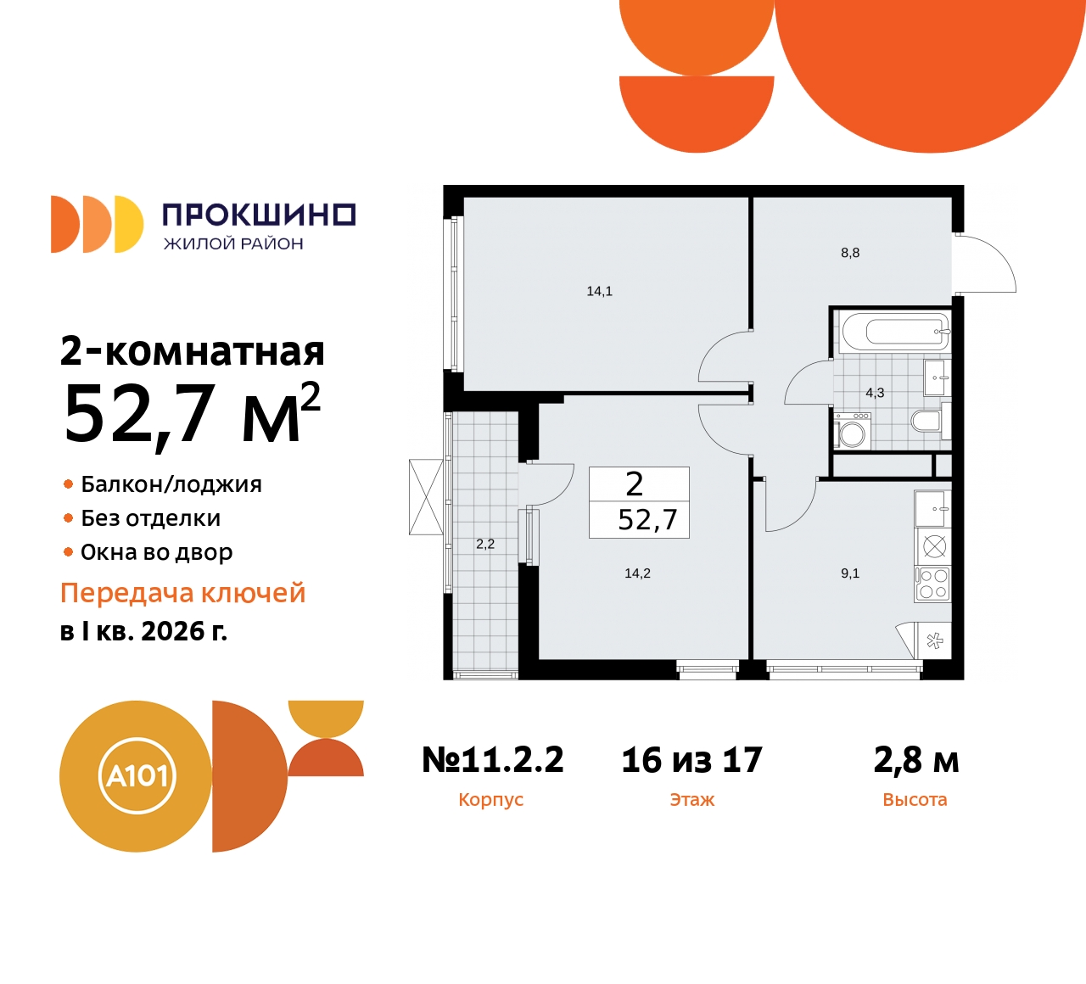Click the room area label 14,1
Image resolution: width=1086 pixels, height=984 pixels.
[x=599, y=291]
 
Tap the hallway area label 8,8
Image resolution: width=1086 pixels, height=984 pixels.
[x=850, y=253]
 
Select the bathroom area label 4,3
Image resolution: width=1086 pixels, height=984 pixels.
[x=875, y=393]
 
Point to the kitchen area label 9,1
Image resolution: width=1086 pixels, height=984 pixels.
[x=850, y=573]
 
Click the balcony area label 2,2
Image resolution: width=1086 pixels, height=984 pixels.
[x=485, y=544]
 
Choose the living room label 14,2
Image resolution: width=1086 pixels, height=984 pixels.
[x=637, y=573]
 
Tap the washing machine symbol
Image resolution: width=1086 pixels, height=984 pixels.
[x=852, y=431]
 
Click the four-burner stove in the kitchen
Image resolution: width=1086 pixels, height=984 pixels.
[x=933, y=584]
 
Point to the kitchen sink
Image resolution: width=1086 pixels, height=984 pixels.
[x=933, y=509]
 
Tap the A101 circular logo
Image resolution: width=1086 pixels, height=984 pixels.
[x=137, y=776]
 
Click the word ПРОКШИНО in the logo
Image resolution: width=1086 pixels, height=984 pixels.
[x=259, y=215]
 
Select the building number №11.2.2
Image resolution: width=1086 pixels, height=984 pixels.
[x=493, y=760]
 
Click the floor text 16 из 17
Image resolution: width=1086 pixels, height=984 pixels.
[x=691, y=760]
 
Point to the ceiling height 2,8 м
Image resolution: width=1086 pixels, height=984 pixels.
[x=915, y=760]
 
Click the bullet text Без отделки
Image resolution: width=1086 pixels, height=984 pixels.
[x=151, y=518]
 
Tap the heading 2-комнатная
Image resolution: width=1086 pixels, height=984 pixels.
[x=193, y=351]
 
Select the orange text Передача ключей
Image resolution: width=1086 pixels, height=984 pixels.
[x=182, y=593]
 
